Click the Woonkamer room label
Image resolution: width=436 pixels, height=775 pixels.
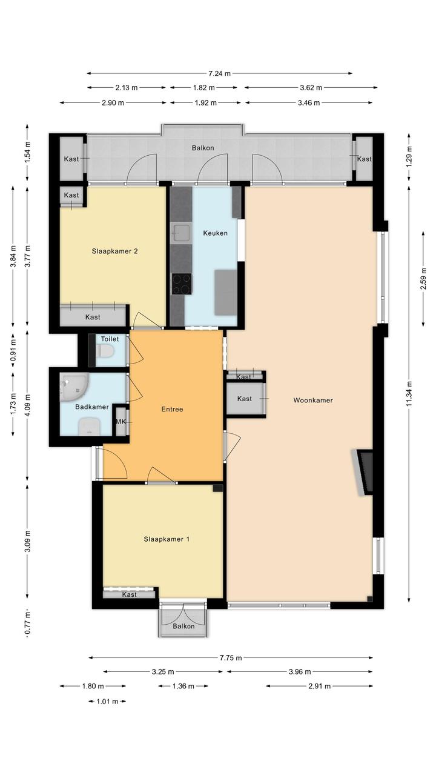pos(313,401)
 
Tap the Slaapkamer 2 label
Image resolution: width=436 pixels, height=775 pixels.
pos(115,251)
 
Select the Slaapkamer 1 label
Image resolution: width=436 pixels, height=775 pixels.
pos(167,539)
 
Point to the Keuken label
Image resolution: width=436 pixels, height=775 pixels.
pos(216,233)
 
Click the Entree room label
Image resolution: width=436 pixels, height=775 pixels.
pos(172,409)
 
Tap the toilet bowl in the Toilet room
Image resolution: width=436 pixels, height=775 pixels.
pos(105,352)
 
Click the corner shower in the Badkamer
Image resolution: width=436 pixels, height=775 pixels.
pos(74,387)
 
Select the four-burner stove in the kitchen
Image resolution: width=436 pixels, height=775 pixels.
pos(182,284)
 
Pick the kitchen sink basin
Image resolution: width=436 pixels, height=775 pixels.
pos(182,232)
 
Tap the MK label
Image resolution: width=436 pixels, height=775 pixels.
pos(121,422)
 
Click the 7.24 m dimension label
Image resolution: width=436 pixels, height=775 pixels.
pos(219,73)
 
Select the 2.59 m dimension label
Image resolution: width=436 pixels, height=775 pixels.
pos(423,279)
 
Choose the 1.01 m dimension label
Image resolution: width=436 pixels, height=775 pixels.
pos(107,701)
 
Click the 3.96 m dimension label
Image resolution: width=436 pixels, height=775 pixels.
pos(300,672)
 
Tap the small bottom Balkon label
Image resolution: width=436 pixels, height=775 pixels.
pos(183,626)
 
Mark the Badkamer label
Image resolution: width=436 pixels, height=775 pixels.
pos(92,407)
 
